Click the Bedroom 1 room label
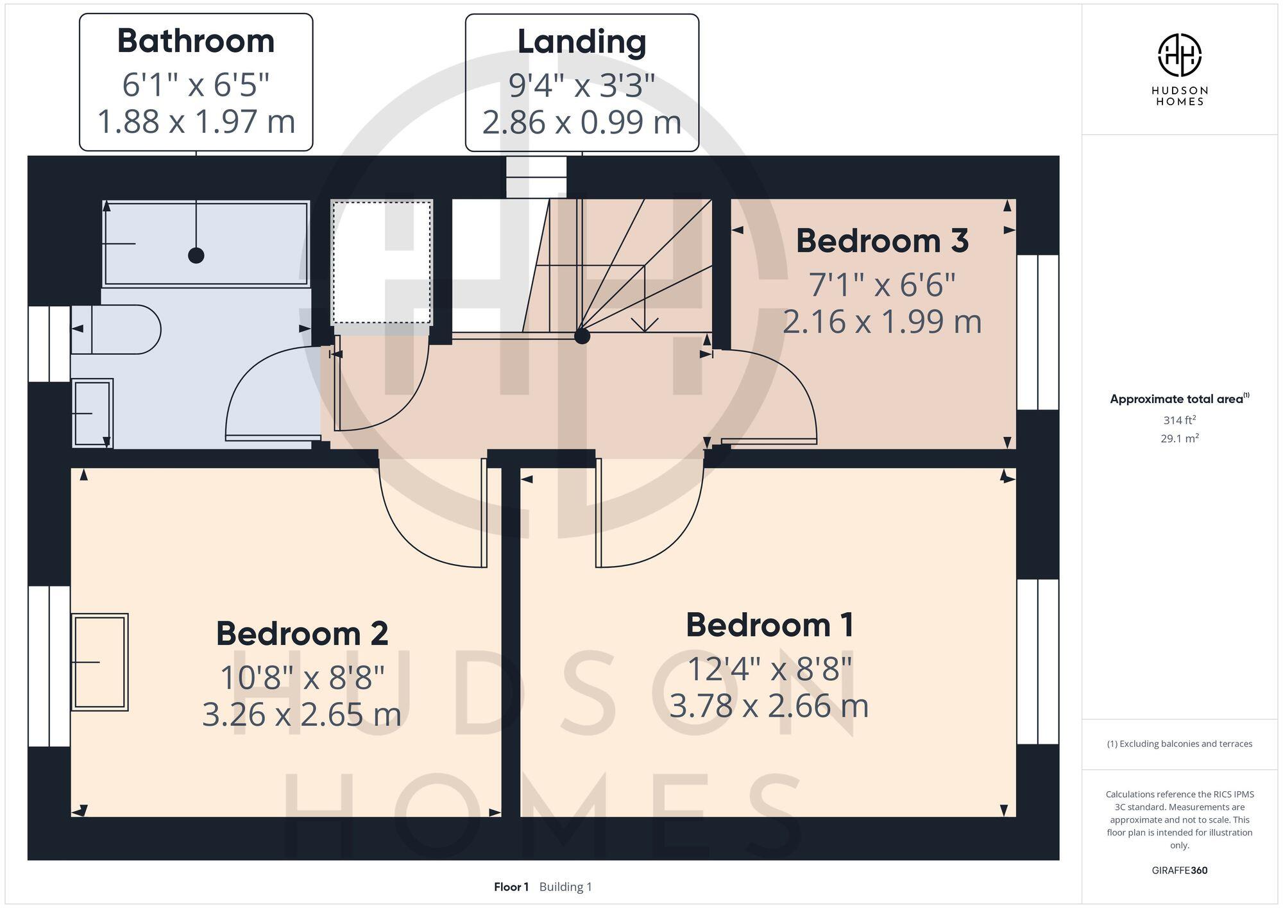pyautogui.click(x=769, y=625)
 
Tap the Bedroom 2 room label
pyautogui.click(x=302, y=634)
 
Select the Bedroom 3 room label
pyautogui.click(x=882, y=241)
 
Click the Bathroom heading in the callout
pyautogui.click(x=196, y=41)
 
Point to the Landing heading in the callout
pyautogui.click(x=582, y=42)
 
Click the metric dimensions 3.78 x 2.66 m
pyautogui.click(x=769, y=706)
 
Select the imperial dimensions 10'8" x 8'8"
pyautogui.click(x=302, y=677)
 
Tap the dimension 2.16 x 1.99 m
pyautogui.click(x=882, y=321)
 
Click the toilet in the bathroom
pyautogui.click(x=115, y=329)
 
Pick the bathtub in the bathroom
pyautogui.click(x=206, y=243)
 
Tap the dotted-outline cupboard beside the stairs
pyautogui.click(x=382, y=262)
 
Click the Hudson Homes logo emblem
pyautogui.click(x=1179, y=55)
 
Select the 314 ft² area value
pyautogui.click(x=1179, y=420)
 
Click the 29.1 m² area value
pyautogui.click(x=1179, y=439)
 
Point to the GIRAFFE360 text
pyautogui.click(x=1179, y=871)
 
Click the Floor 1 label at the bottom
pyautogui.click(x=511, y=887)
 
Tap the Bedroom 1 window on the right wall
pyautogui.click(x=1037, y=662)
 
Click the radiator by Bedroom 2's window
pyautogui.click(x=99, y=662)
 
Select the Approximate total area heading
pyautogui.click(x=1179, y=399)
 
